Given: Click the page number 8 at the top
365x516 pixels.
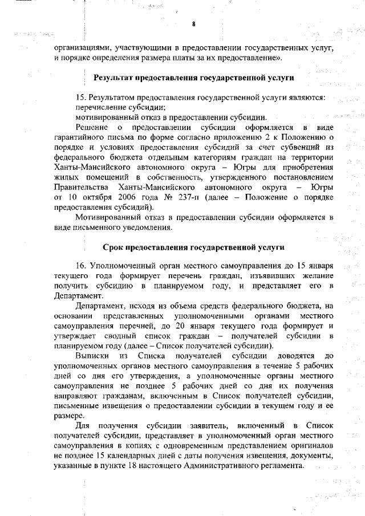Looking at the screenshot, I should coord(193,24).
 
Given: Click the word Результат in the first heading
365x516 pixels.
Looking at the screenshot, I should coord(117,76).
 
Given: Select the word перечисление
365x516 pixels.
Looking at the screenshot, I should coord(101,107).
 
